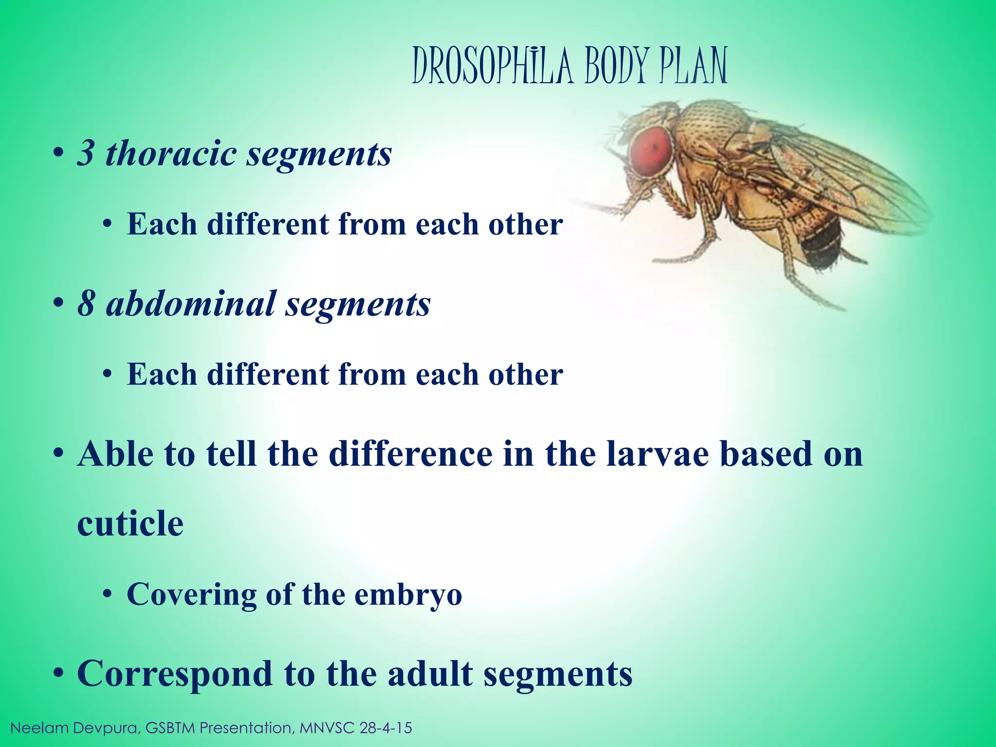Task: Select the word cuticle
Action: (x=130, y=524)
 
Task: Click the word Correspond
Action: (x=175, y=675)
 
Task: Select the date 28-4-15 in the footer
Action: (x=386, y=728)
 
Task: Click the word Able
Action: (x=115, y=454)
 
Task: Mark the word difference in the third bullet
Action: (x=410, y=454)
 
